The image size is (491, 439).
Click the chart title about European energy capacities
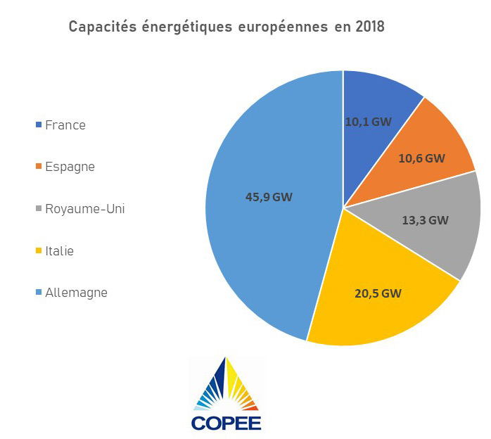click(x=226, y=27)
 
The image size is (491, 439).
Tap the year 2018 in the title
click(x=370, y=27)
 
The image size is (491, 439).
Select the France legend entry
click(x=65, y=125)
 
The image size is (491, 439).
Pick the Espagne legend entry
click(x=69, y=167)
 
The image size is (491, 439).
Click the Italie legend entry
click(x=59, y=250)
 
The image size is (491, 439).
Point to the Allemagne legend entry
click(x=76, y=292)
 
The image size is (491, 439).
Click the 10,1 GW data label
click(x=368, y=121)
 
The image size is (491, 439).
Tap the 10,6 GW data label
click(x=421, y=158)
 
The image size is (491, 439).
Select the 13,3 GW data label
click(x=424, y=220)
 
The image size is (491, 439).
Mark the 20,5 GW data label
click(x=378, y=293)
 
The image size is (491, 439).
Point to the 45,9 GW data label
click(x=269, y=197)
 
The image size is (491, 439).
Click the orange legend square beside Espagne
click(x=38, y=167)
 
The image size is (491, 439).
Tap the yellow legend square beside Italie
click(x=38, y=251)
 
